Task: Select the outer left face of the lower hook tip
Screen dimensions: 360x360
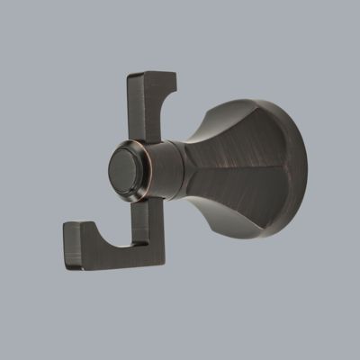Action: click(x=67, y=243)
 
